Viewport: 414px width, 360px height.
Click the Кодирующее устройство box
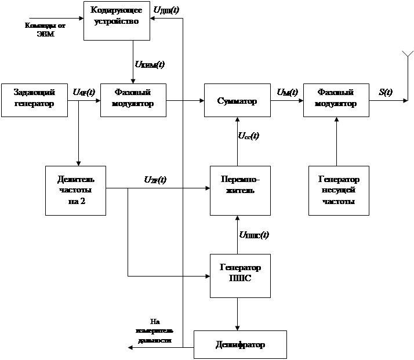click(117, 21)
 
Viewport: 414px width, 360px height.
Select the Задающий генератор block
click(34, 100)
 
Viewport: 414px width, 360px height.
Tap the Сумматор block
click(237, 100)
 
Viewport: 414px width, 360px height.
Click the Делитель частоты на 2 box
click(76, 190)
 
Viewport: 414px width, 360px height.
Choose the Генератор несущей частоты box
click(339, 190)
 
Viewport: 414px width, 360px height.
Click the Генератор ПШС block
click(240, 275)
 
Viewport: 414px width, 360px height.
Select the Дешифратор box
click(240, 344)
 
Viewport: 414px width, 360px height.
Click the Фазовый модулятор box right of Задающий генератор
click(133, 100)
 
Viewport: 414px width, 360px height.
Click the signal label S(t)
click(386, 92)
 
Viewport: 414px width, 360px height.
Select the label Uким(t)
click(150, 64)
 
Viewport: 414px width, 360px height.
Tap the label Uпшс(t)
click(254, 235)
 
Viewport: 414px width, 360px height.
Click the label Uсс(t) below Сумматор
click(249, 136)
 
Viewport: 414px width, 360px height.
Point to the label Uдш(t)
click(166, 10)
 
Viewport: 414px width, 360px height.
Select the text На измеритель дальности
click(154, 331)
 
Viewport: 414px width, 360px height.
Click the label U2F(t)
click(155, 180)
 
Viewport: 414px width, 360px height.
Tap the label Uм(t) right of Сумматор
click(287, 92)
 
